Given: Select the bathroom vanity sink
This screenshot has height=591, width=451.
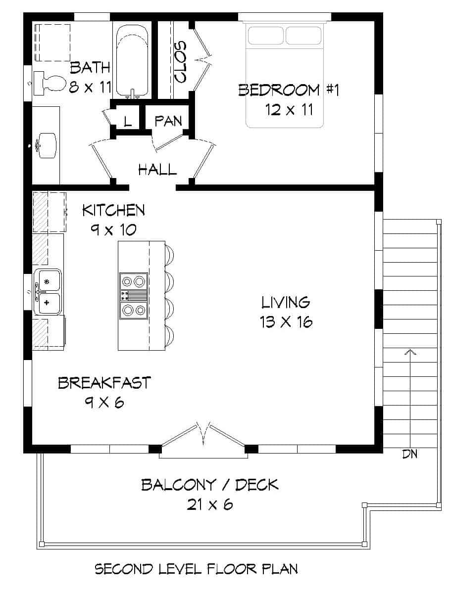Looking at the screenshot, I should click(48, 145).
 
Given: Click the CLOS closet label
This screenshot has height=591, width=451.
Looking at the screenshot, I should click(180, 61).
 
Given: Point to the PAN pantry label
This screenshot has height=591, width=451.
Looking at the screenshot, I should click(168, 121).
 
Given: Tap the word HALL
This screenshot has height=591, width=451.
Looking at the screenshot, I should click(157, 170).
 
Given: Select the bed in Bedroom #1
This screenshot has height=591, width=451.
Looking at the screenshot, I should click(285, 74).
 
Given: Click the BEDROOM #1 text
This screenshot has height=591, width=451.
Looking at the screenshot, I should click(288, 90).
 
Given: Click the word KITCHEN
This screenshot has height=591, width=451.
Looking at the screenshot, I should click(113, 210).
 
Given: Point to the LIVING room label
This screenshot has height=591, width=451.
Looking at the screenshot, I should click(286, 302).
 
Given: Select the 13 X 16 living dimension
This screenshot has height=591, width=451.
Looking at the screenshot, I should click(286, 322).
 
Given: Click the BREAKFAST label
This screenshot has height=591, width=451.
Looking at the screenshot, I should click(104, 383).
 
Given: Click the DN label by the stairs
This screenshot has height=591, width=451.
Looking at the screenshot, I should click(409, 454).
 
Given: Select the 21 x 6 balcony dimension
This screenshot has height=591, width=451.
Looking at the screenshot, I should click(209, 504).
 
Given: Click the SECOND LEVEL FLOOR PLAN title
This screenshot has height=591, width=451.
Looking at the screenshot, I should click(196, 569).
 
